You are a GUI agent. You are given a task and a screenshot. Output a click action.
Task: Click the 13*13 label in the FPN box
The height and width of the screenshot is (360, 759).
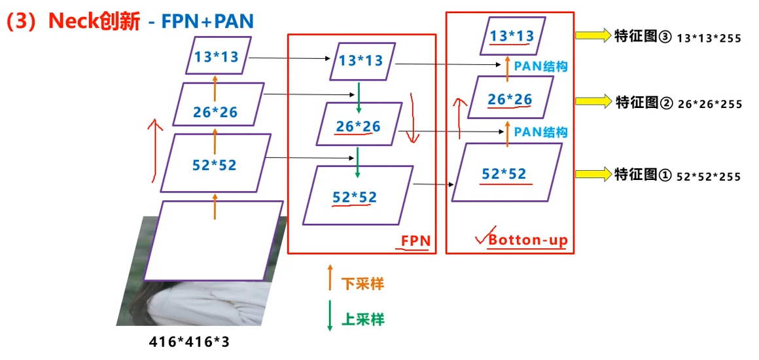pos(361,60)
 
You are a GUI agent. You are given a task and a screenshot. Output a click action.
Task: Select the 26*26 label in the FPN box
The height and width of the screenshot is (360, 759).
pos(358,125)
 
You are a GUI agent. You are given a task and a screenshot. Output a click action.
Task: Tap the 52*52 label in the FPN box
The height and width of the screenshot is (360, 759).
pos(355,197)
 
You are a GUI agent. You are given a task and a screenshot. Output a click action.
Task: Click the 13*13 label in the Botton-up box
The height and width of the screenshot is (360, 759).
pos(512,36)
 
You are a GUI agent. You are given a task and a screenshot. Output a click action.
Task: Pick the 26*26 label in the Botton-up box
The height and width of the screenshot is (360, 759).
pos(510,99)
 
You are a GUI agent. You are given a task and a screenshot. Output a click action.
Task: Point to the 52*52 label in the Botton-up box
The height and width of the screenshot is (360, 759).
pos(504,173)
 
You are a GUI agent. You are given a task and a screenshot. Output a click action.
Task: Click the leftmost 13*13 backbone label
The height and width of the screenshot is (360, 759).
pos(217,56)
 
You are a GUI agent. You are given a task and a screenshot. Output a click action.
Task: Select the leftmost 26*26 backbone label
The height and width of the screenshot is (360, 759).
pos(215,112)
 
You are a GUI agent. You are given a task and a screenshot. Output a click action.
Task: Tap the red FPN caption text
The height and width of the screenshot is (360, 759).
pos(415,240)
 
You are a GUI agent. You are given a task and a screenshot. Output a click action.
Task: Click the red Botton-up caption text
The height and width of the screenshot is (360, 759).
pos(527,240)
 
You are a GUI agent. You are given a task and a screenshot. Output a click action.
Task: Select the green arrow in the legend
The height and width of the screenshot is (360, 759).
pos(330,315)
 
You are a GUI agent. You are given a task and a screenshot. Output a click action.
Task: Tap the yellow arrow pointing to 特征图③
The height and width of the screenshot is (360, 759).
pos(592,35)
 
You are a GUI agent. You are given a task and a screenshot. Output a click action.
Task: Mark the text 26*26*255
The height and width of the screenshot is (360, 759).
pos(709,104)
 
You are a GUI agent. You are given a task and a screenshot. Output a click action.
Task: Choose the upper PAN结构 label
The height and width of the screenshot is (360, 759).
pos(540,66)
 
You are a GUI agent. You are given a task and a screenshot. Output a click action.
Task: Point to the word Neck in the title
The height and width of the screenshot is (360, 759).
pos(79,22)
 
